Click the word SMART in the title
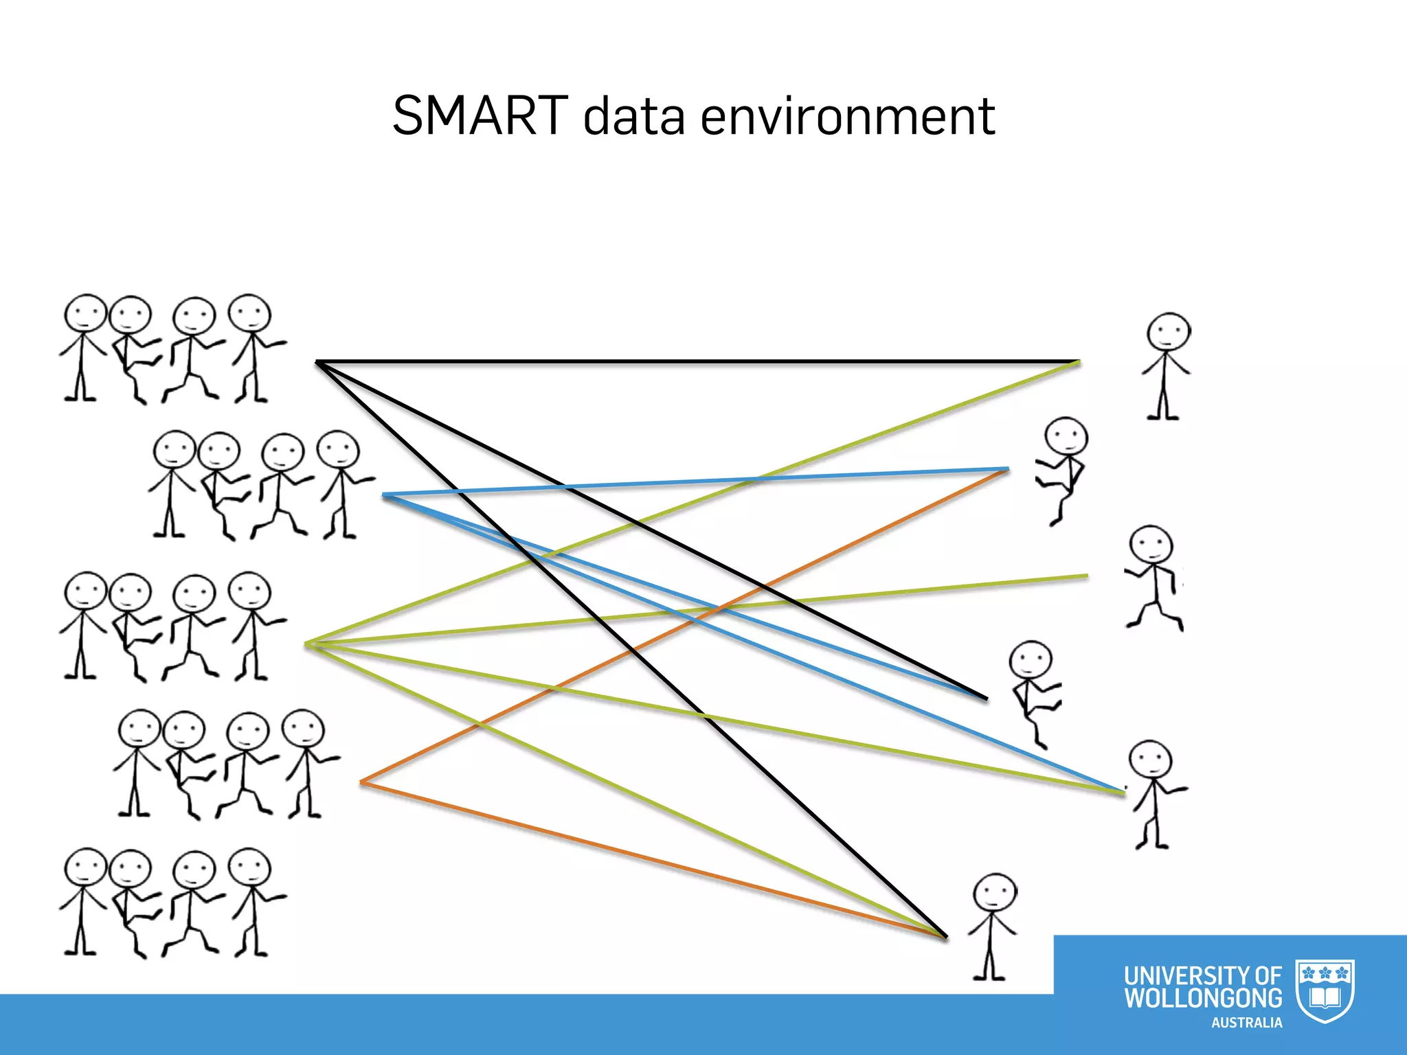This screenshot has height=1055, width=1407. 480,115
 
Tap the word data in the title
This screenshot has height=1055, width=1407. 633,115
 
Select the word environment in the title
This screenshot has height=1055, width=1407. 848,115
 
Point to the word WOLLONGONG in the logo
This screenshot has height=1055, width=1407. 1203,998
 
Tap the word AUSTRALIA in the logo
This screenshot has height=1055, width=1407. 1246,1023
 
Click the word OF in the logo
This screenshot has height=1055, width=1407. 1268,975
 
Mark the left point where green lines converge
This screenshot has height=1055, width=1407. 307,644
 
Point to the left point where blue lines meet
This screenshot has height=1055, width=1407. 384,495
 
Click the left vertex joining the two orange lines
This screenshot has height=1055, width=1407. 362,782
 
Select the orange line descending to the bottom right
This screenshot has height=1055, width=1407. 653,859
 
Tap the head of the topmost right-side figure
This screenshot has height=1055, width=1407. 1168,333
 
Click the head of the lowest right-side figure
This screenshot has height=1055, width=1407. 995,894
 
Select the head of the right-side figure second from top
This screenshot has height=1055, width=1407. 1066,436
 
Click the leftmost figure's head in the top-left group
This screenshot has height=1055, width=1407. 85,315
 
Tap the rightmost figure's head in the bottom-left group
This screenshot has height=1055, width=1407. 249,868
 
